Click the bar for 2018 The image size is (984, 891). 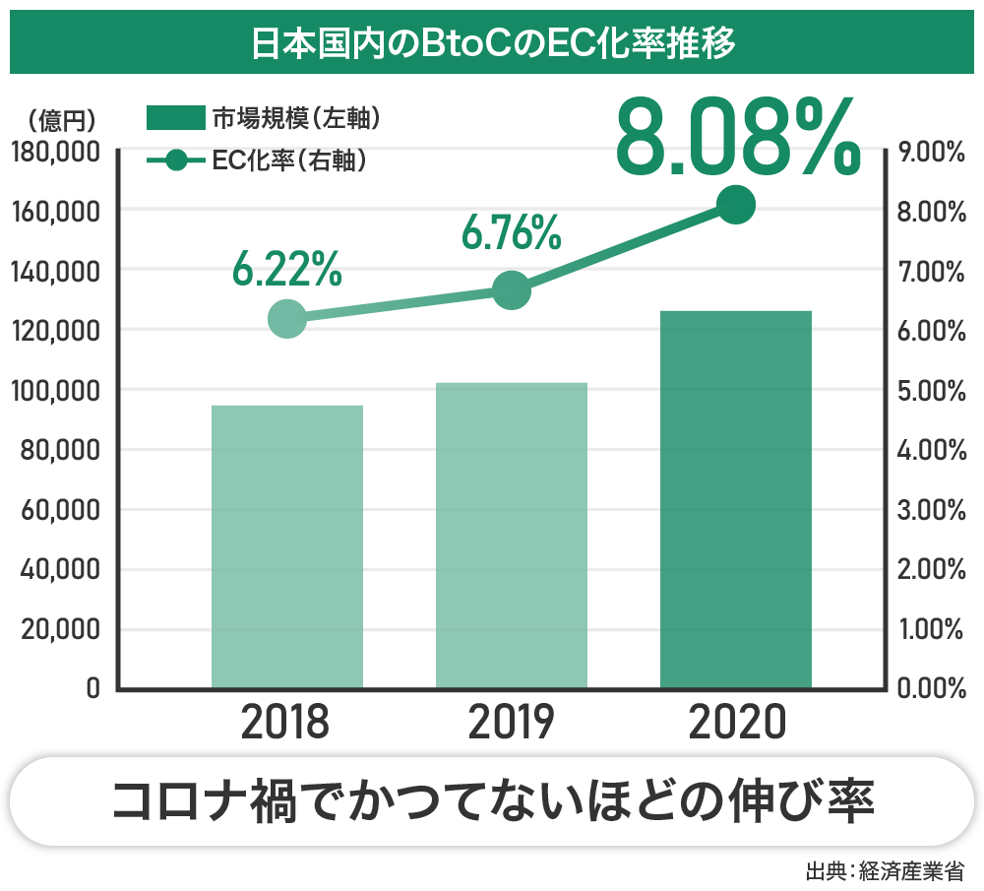pyautogui.click(x=287, y=546)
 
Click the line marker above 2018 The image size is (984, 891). pyautogui.click(x=286, y=319)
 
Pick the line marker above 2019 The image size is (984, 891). pyautogui.click(x=512, y=290)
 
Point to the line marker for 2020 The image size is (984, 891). pyautogui.click(x=736, y=205)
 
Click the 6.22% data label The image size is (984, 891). pyautogui.click(x=287, y=269)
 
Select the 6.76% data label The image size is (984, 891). pyautogui.click(x=512, y=232)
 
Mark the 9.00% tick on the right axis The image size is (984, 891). pyautogui.click(x=932, y=153)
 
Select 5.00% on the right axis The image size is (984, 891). pyautogui.click(x=932, y=391)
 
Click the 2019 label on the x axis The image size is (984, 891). pyautogui.click(x=512, y=724)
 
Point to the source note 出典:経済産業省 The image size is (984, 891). pyautogui.click(x=884, y=871)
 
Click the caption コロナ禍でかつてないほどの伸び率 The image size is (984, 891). pyautogui.click(x=492, y=800)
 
